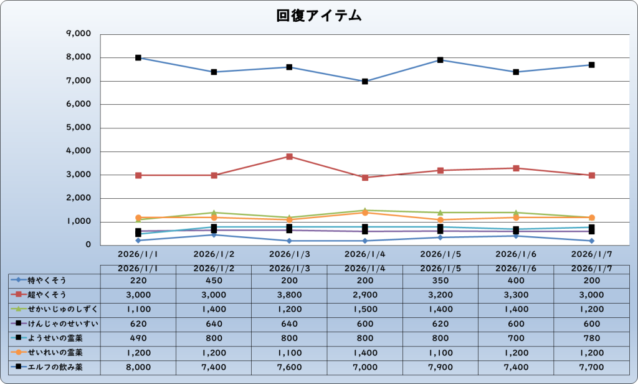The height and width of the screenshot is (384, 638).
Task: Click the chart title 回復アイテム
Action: click(x=319, y=16)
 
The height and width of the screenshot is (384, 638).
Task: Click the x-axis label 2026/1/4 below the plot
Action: click(x=364, y=254)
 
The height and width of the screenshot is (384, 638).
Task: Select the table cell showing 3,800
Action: click(x=289, y=295)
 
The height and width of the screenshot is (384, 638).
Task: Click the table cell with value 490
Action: click(x=138, y=338)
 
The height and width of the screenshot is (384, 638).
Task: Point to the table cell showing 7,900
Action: click(x=440, y=368)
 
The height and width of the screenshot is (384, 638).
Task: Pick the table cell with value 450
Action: click(x=214, y=281)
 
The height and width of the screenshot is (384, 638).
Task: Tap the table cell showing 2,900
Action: click(x=364, y=295)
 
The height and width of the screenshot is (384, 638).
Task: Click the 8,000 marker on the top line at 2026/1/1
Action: click(x=138, y=58)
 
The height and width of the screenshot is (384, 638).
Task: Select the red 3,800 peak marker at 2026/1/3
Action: click(x=289, y=156)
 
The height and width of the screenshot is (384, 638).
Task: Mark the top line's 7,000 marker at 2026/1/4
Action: click(x=364, y=81)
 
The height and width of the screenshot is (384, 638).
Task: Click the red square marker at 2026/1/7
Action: click(x=591, y=175)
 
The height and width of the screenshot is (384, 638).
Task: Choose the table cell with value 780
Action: click(x=591, y=338)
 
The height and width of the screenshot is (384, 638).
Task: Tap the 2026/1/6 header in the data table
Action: click(x=516, y=268)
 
